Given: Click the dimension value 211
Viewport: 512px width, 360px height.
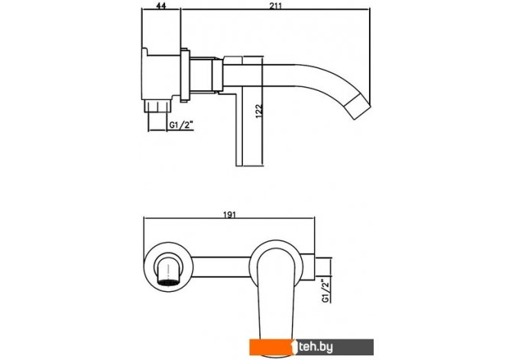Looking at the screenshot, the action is (x=276, y=5).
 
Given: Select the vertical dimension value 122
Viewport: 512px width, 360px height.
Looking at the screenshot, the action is (x=258, y=112).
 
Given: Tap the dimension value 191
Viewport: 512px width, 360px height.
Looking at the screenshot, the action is (x=229, y=214).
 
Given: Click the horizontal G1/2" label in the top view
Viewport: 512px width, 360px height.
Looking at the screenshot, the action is (x=181, y=125).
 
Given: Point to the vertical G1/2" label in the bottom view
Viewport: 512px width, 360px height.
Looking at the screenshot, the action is (x=326, y=291).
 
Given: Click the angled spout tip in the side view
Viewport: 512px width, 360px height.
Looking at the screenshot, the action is (x=358, y=106).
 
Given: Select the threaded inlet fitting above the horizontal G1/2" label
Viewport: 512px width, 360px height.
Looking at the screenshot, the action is (x=157, y=106).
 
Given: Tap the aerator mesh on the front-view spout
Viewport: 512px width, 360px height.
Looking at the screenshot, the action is (x=168, y=283).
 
